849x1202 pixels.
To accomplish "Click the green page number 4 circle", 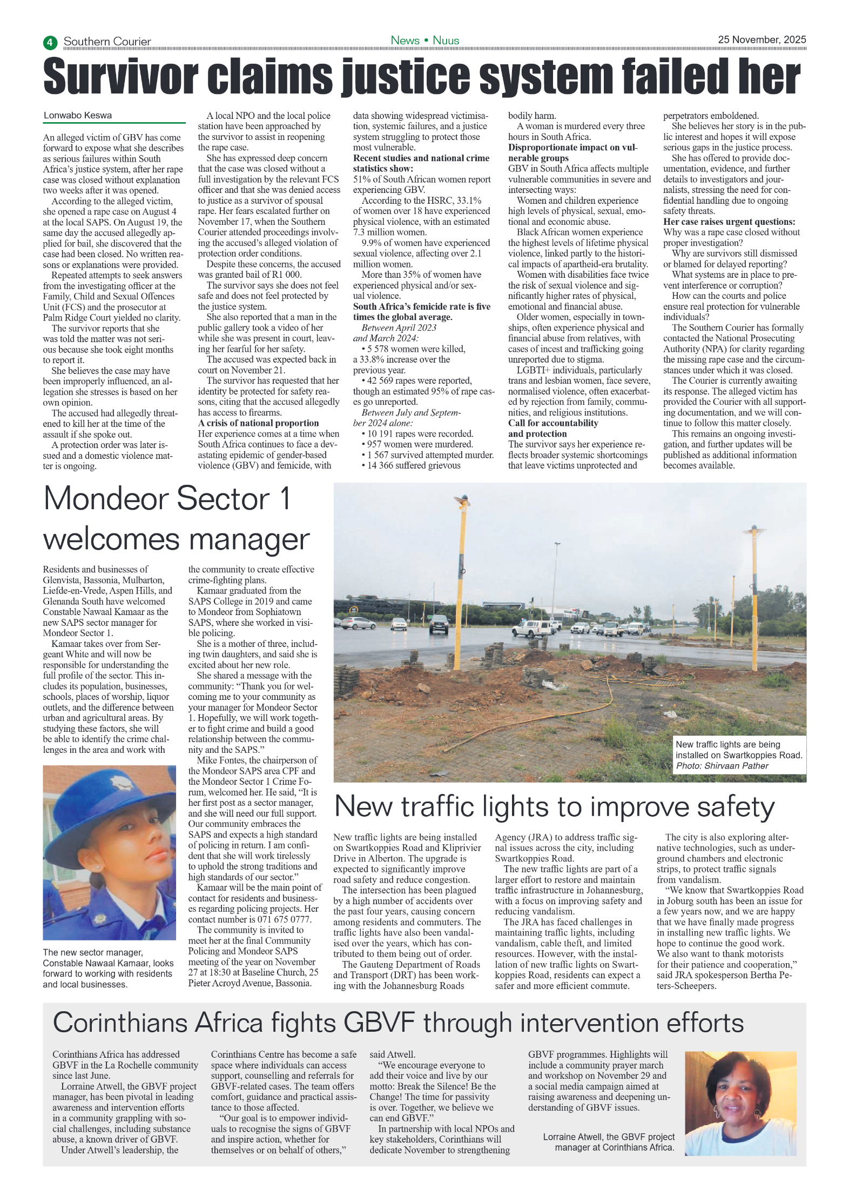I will click(50, 42).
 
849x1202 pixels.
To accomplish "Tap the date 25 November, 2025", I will click(762, 39).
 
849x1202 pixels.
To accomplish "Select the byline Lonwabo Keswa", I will click(78, 116).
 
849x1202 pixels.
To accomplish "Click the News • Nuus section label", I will click(425, 41).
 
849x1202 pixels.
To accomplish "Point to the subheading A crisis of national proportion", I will click(258, 423).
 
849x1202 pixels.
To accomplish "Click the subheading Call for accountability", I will click(552, 423).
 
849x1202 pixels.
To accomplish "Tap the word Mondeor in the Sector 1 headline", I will click(104, 499).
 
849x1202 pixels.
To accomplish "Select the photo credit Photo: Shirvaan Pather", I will click(722, 766).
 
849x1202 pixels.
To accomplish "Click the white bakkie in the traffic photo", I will click(532, 629).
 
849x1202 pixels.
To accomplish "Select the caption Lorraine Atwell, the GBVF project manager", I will click(609, 1141).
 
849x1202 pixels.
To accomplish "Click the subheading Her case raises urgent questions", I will click(729, 222).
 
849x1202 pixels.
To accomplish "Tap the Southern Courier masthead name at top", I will click(107, 42).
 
